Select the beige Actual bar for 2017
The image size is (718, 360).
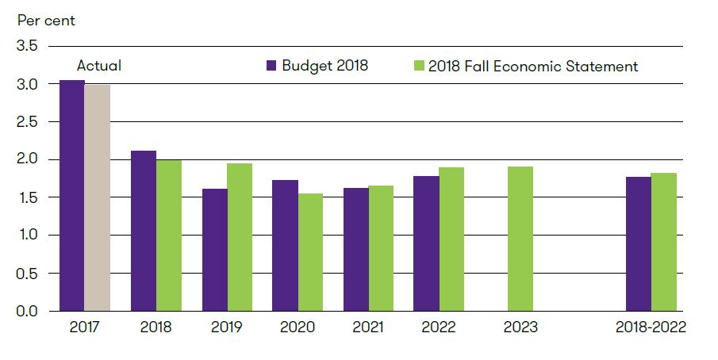[98, 197]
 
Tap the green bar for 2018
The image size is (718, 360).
[169, 235]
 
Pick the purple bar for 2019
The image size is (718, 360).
[215, 249]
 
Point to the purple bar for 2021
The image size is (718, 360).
[356, 249]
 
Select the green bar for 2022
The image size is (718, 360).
[451, 239]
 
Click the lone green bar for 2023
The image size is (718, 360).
[520, 239]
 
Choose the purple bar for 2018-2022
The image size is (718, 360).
[639, 243]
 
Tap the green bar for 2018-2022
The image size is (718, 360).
[664, 242]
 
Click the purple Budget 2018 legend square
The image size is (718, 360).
[271, 67]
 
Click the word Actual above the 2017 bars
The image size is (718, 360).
[98, 67]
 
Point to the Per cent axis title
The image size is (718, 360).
[47, 20]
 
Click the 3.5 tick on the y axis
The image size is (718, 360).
[27, 46]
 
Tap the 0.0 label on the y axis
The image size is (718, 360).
[27, 311]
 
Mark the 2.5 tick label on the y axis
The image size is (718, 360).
[27, 121]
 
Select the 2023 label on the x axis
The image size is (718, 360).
[520, 327]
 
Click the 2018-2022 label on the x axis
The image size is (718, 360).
[651, 327]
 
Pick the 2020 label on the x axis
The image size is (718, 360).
[298, 327]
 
